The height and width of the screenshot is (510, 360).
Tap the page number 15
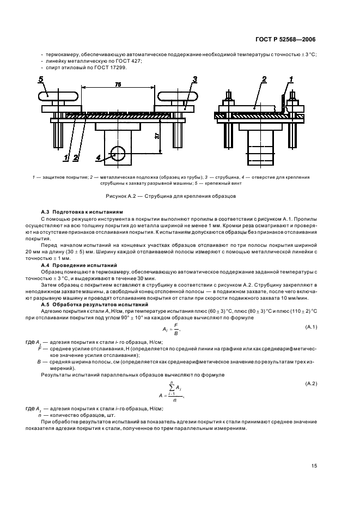(314, 465)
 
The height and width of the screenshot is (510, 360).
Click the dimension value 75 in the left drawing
(118, 84)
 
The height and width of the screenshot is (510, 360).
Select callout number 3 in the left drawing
(194, 80)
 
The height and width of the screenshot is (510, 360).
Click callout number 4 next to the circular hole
(99, 158)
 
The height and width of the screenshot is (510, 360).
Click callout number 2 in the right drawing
(264, 80)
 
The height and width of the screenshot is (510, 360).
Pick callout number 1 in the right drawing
(291, 80)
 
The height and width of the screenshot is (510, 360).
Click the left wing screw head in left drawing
(58, 97)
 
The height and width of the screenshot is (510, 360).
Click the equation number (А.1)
(311, 326)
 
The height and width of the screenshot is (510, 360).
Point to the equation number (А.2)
(311, 384)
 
